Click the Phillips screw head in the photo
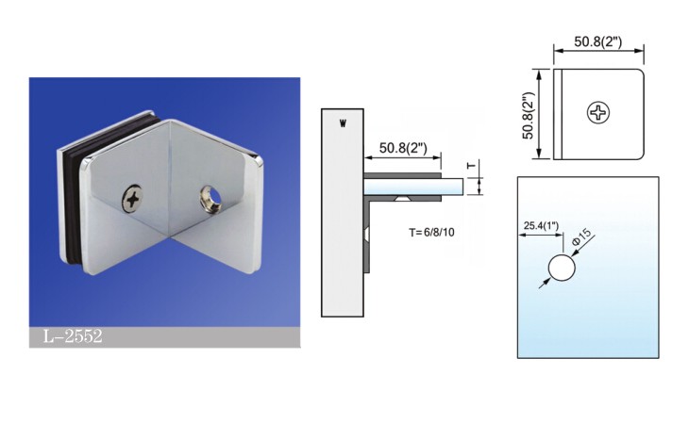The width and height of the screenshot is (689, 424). [132, 199]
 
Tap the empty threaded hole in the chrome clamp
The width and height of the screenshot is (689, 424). [210, 196]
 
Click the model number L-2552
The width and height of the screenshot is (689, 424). [73, 336]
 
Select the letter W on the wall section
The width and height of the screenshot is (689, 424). [343, 123]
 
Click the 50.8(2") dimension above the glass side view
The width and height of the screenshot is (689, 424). [403, 147]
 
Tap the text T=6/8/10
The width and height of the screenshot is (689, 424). [431, 233]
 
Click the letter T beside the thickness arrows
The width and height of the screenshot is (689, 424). [472, 166]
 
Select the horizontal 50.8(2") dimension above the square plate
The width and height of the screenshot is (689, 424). [598, 41]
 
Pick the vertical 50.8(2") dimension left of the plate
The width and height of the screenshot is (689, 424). [528, 115]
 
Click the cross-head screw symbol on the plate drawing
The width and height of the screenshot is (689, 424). [598, 113]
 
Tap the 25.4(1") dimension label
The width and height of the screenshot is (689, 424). [541, 226]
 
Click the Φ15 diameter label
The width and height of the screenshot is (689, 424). [581, 236]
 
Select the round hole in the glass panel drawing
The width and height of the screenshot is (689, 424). [562, 267]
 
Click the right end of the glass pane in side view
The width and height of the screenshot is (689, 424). [463, 187]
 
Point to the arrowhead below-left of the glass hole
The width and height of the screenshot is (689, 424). [545, 283]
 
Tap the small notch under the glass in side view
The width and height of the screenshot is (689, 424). [403, 199]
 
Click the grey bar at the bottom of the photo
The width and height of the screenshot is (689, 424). [165, 336]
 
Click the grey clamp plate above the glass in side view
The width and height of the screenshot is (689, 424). [402, 175]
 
